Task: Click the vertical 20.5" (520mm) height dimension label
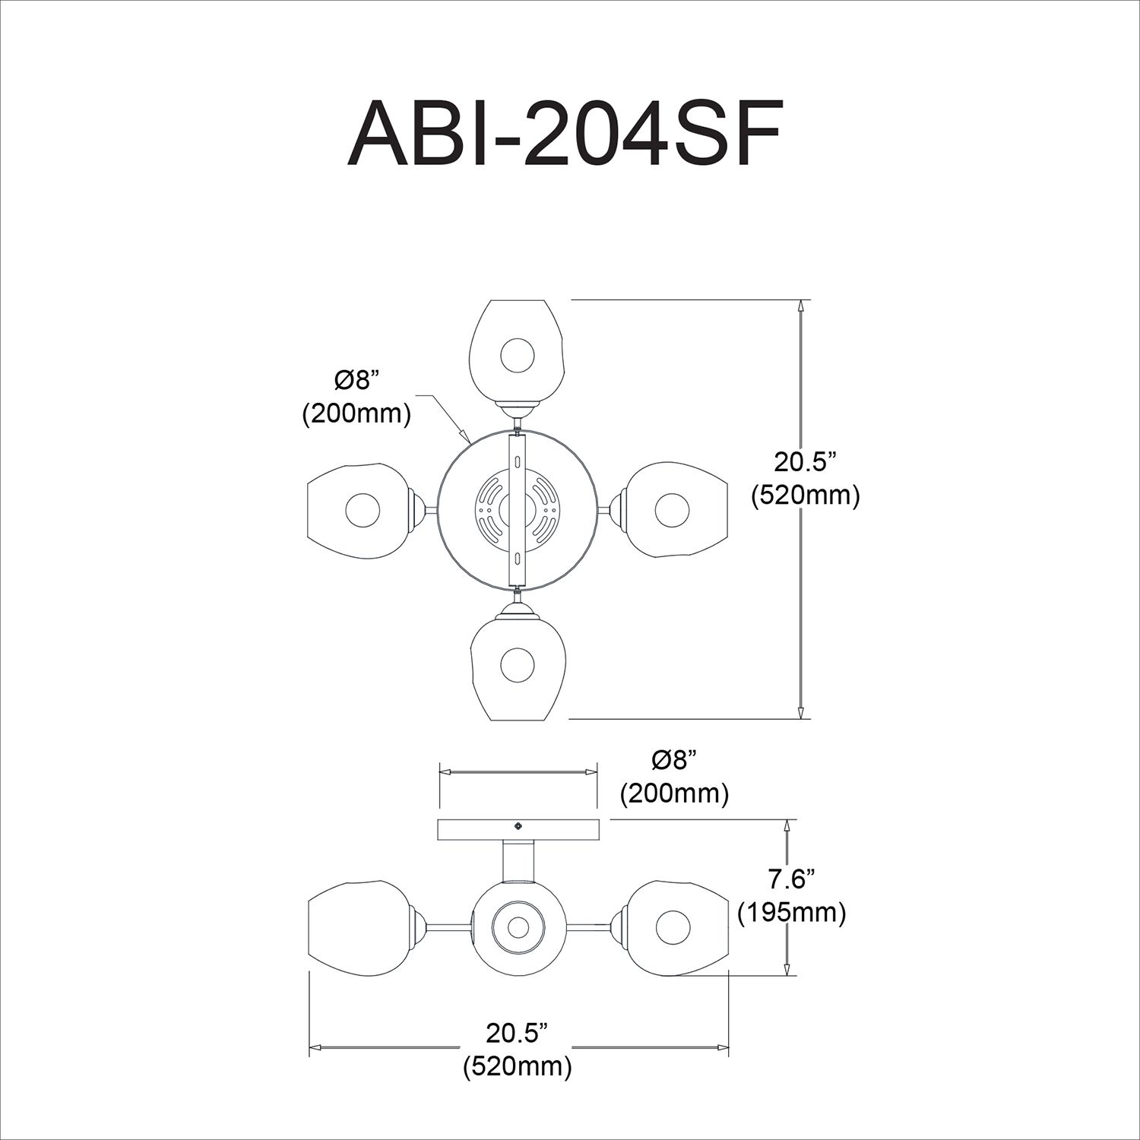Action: (x=805, y=479)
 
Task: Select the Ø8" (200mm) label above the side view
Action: (x=674, y=777)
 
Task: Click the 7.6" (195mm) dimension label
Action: (x=792, y=896)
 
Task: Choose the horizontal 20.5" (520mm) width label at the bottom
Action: (x=517, y=1050)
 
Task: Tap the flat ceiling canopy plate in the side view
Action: (x=518, y=830)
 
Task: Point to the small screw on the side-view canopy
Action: (x=518, y=825)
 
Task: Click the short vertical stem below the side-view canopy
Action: (x=518, y=860)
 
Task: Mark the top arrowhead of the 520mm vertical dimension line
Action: (x=800, y=305)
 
